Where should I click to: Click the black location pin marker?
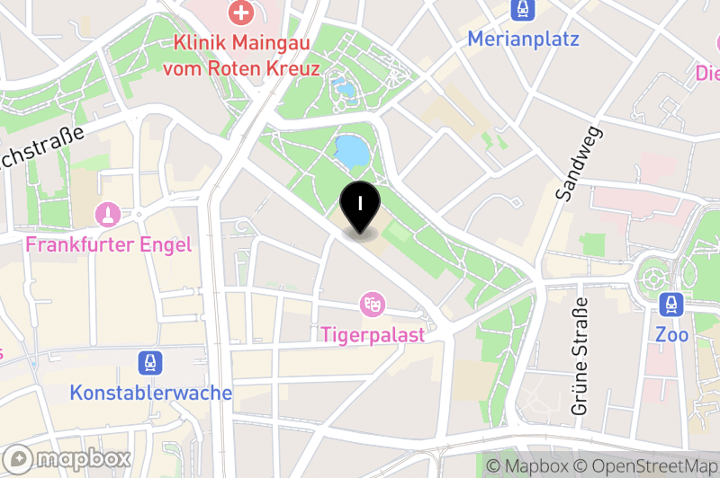pyautogui.click(x=360, y=206)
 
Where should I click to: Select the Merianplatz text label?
pyautogui.click(x=523, y=40)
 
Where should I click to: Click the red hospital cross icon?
pyautogui.click(x=241, y=13)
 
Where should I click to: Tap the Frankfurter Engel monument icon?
pyautogui.click(x=109, y=215)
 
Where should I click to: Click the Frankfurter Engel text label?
pyautogui.click(x=109, y=244)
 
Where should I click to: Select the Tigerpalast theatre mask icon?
pyautogui.click(x=370, y=305)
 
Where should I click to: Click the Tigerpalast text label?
pyautogui.click(x=373, y=334)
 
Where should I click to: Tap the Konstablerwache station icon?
pyautogui.click(x=150, y=363)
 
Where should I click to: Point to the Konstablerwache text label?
pyautogui.click(x=151, y=394)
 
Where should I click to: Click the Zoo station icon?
pyautogui.click(x=672, y=305)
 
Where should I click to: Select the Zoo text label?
pyautogui.click(x=672, y=335)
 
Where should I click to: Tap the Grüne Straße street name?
pyautogui.click(x=580, y=356)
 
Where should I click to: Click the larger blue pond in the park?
pyautogui.click(x=351, y=151)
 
